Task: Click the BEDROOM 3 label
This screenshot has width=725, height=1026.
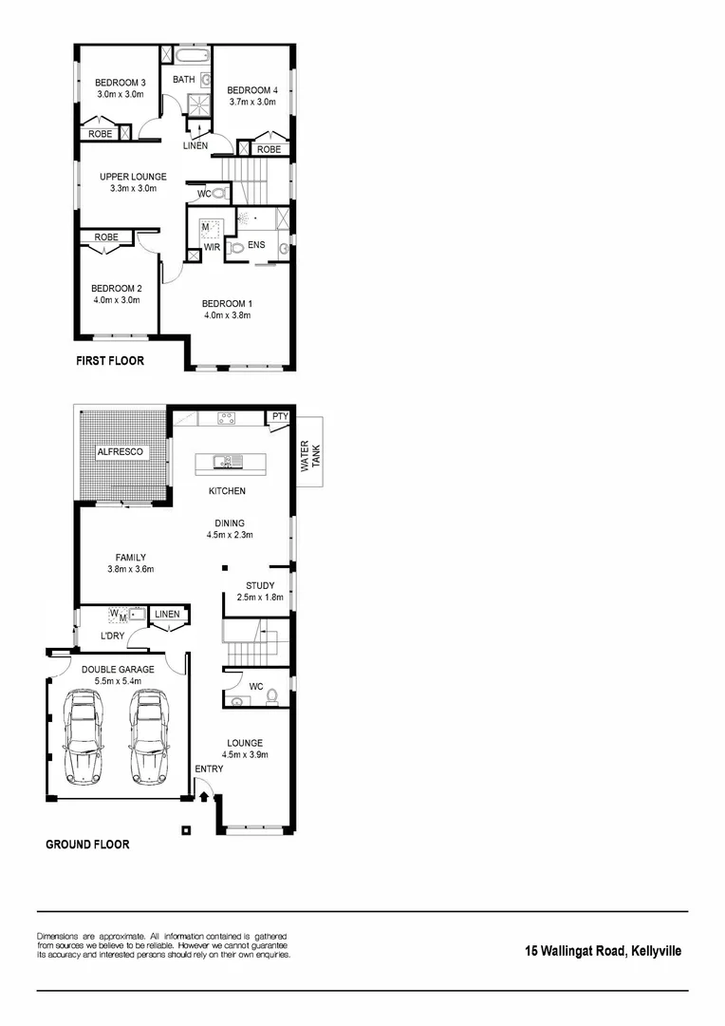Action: [x=120, y=82]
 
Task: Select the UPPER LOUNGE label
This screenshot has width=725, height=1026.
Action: [x=133, y=177]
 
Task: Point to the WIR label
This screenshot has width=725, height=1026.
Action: [x=212, y=247]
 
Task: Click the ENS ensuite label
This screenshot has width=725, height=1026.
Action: [x=256, y=245]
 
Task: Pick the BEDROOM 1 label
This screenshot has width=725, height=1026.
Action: [x=226, y=304]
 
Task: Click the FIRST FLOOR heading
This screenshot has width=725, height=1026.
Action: [x=110, y=362]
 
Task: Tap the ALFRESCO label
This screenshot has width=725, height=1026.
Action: [x=121, y=453]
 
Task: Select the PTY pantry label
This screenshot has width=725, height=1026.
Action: [x=279, y=416]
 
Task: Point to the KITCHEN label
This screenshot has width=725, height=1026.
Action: [x=228, y=491]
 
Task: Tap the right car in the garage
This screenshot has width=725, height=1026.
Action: [x=149, y=737]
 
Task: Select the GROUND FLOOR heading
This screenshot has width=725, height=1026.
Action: [x=87, y=844]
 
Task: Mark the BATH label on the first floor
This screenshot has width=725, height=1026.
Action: [x=184, y=80]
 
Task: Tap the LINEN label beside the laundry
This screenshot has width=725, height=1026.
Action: [x=167, y=615]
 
